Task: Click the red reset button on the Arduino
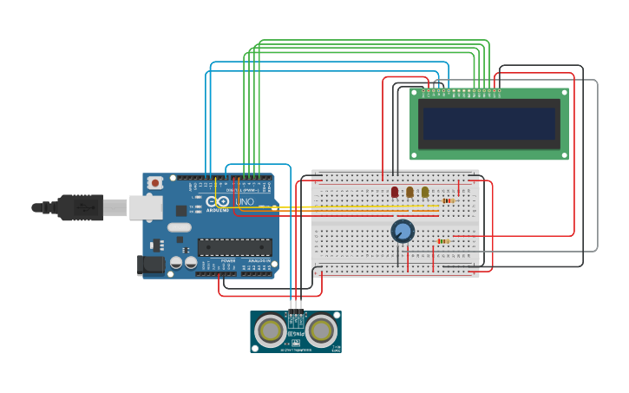(x=155, y=182)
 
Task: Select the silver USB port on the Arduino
(x=146, y=207)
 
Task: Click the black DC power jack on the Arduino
(x=150, y=265)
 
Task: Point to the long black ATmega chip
(x=234, y=247)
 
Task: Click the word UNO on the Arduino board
(x=245, y=202)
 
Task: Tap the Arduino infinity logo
(x=217, y=201)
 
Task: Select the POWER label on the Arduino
(x=228, y=260)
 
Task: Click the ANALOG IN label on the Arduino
(x=259, y=260)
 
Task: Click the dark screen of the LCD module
(x=488, y=123)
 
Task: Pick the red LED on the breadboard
(x=395, y=192)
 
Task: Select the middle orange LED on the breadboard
(x=410, y=192)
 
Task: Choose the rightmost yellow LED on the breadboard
(x=424, y=192)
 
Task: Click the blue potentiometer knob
(x=403, y=231)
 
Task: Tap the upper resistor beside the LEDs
(x=448, y=200)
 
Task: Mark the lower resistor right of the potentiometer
(x=443, y=241)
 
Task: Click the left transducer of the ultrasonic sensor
(x=271, y=331)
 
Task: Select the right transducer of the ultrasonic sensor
(x=321, y=331)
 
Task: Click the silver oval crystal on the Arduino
(x=180, y=227)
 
